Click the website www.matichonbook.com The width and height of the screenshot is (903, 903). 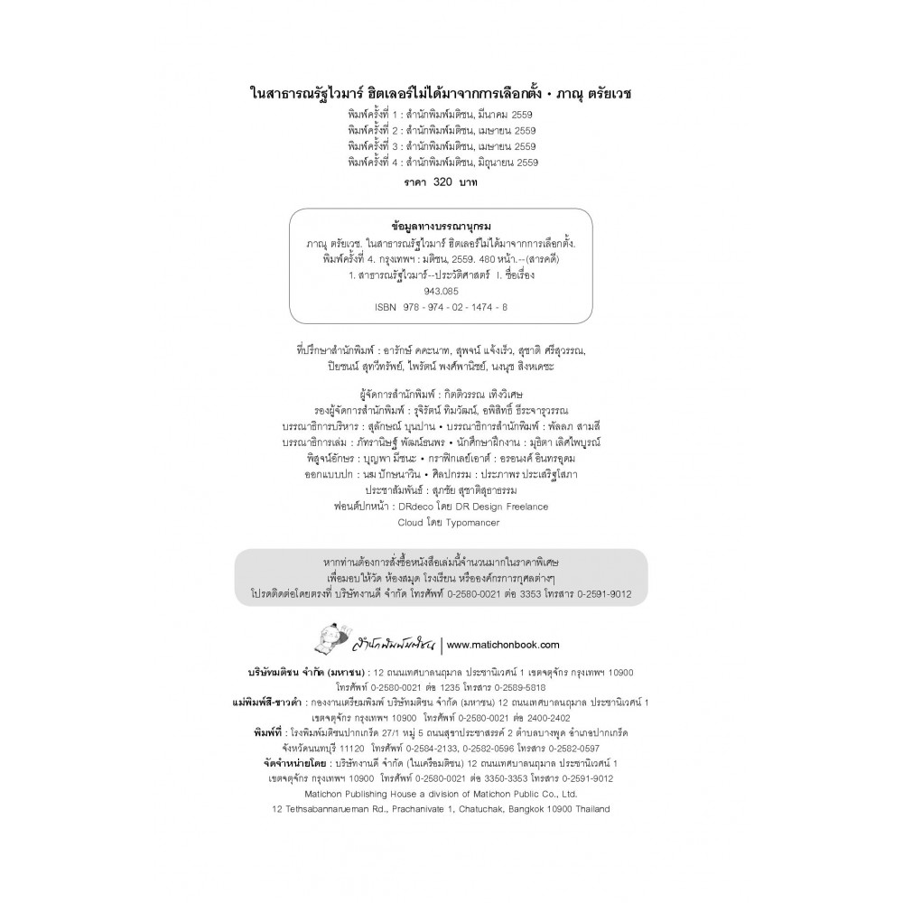point(504,645)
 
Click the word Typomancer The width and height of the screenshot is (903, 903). point(469,522)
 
